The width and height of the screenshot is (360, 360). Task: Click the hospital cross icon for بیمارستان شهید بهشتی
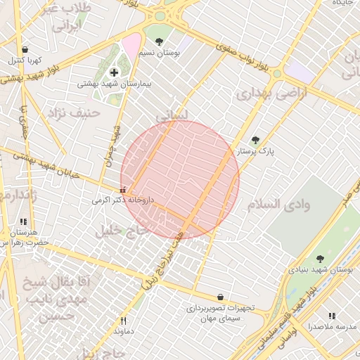click(x=114, y=72)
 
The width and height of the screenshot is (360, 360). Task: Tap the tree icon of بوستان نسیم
click(x=159, y=41)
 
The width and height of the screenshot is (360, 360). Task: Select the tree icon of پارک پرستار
click(x=255, y=140)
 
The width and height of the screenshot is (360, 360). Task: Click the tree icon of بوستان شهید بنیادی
click(x=320, y=259)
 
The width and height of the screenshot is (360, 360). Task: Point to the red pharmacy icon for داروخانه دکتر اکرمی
click(x=124, y=189)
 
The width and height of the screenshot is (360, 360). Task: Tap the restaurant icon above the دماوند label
click(x=124, y=320)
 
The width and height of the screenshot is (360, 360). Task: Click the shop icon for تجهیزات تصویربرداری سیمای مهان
click(x=221, y=297)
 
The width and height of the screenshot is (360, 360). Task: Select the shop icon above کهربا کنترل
click(x=25, y=50)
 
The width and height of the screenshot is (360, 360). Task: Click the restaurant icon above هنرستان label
click(x=23, y=221)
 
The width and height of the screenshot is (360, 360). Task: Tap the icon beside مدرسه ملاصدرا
click(x=331, y=316)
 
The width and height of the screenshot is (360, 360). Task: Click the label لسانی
click(x=172, y=114)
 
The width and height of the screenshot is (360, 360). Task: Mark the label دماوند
click(x=124, y=330)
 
